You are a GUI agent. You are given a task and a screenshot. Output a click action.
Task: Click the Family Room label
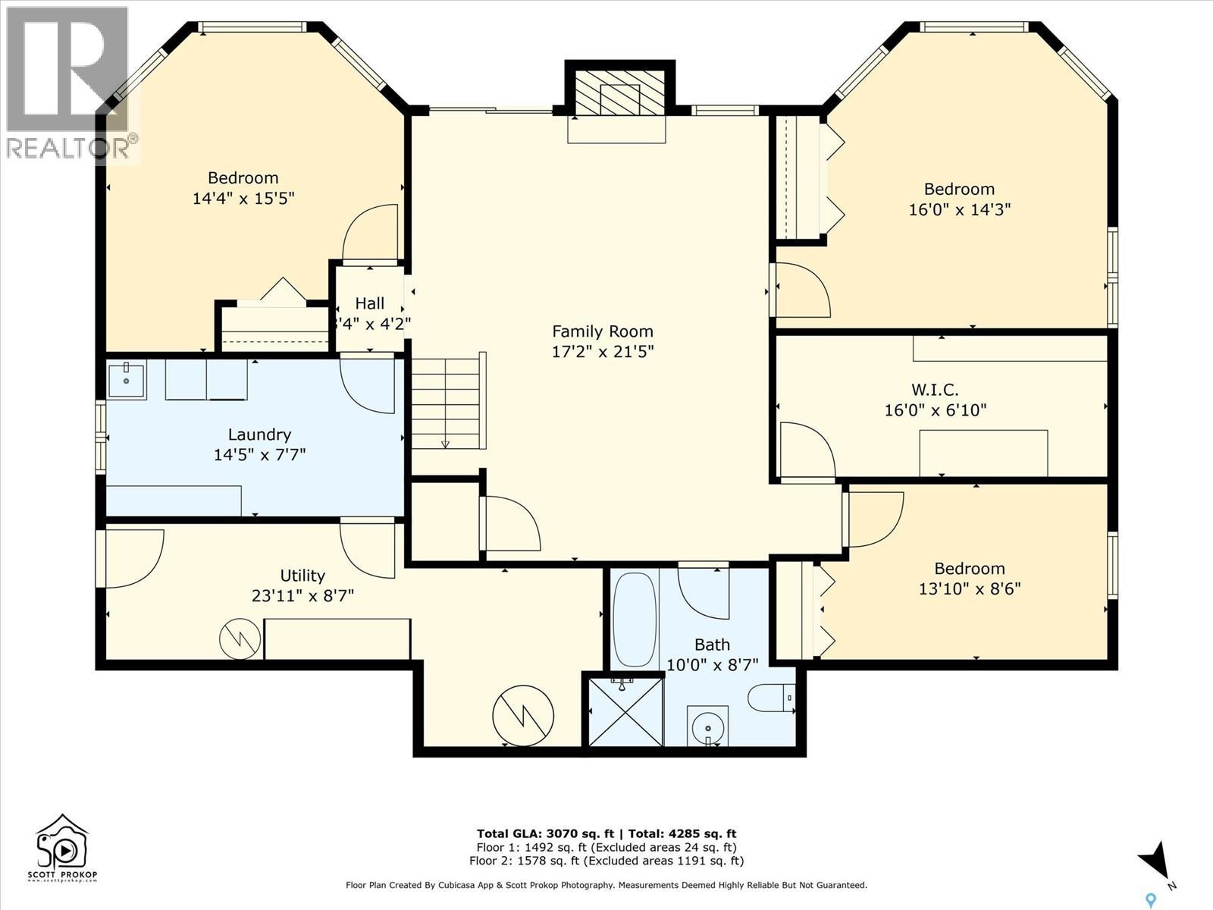tap(602, 331)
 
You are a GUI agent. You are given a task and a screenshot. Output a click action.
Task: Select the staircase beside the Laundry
tap(446, 403)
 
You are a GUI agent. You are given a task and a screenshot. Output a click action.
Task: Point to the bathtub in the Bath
tap(635, 619)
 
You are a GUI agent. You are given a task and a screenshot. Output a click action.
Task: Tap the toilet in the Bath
tap(771, 697)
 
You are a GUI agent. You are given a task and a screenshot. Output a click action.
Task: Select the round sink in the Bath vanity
tap(708, 727)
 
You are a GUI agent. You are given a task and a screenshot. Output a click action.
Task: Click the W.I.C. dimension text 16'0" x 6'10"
tap(935, 410)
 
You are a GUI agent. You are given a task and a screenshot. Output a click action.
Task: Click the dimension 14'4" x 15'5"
tap(243, 198)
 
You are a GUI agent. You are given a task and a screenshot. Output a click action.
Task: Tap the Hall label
tap(370, 303)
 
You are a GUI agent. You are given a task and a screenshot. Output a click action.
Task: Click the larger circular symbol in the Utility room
tap(523, 715)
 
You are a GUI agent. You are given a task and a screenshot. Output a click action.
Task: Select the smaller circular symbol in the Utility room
tap(240, 639)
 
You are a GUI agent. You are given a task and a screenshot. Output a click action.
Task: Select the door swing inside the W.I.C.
tap(806, 450)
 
